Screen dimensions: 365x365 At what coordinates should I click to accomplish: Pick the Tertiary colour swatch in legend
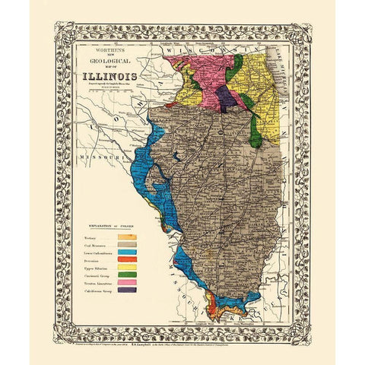pyautogui.click(x=127, y=239)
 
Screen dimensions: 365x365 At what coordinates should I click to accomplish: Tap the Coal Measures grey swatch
pyautogui.click(x=127, y=249)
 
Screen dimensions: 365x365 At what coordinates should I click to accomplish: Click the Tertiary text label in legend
pyautogui.click(x=90, y=239)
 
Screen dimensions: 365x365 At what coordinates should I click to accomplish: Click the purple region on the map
pyautogui.click(x=225, y=97)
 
